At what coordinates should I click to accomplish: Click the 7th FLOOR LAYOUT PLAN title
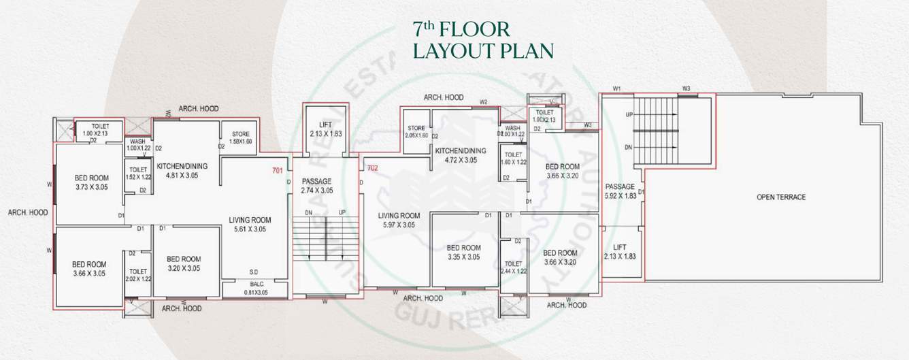coord(482,39)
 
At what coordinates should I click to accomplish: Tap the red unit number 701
coord(277,170)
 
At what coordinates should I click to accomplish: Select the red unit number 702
coord(372,167)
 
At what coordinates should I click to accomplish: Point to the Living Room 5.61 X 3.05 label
coord(250,225)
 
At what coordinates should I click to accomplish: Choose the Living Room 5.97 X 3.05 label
coord(399,220)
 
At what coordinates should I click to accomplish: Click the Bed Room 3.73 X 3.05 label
coord(91,182)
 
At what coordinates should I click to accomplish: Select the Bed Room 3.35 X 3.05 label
coord(464,252)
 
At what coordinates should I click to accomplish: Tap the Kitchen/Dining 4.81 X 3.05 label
coord(182,170)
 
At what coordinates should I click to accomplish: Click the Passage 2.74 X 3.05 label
coord(316,186)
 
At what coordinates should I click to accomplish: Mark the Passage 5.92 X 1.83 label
coord(619,191)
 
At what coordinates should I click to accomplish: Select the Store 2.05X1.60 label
coord(416,132)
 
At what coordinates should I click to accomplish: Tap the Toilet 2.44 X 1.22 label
coord(513,267)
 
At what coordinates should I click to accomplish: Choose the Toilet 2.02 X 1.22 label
coord(138,274)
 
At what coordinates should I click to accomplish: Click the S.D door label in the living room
coord(253,272)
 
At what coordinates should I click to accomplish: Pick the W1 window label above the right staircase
coord(617,88)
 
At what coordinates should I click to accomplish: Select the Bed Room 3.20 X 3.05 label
coord(183,263)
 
